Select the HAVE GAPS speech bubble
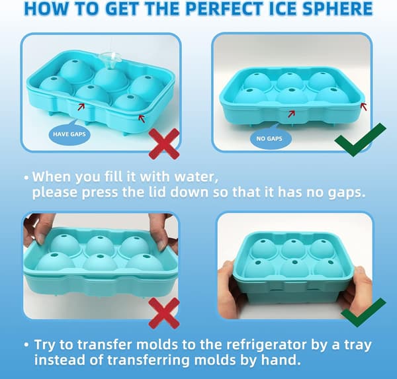pos(69,133)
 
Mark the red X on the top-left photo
pos(164,144)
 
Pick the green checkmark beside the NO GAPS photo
pos(361,140)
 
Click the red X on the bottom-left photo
pos(164,313)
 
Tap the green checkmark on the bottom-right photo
pos(363,312)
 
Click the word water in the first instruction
pos(196,177)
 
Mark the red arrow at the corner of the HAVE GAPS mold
pos(142,118)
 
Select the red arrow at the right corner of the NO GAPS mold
pos(364,106)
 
